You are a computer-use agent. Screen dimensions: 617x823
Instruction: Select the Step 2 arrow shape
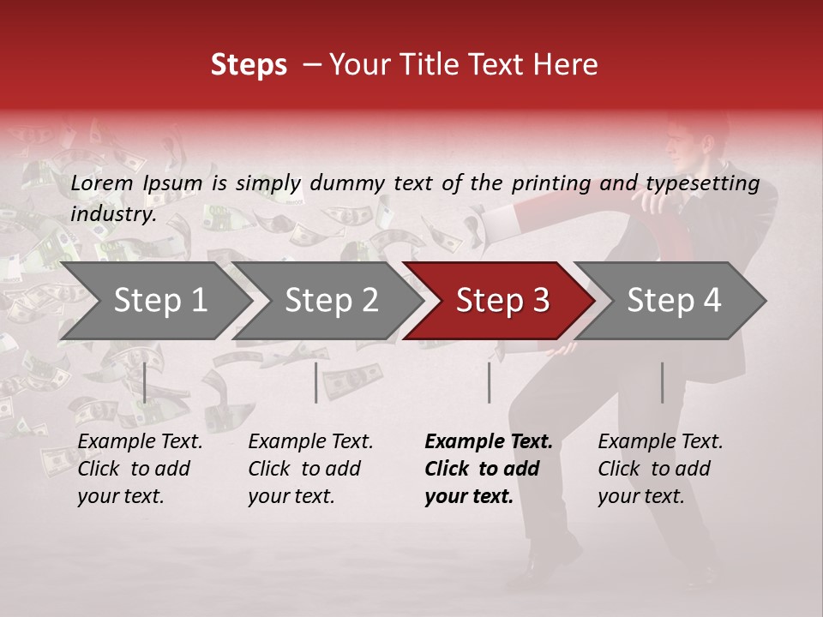click(x=331, y=301)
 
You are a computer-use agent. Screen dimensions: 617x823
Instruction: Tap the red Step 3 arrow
click(x=502, y=301)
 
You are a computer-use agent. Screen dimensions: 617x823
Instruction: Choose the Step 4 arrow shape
click(x=674, y=301)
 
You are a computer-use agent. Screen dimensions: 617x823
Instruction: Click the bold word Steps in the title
click(x=249, y=65)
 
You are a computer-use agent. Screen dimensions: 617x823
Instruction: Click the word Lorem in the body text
click(x=102, y=183)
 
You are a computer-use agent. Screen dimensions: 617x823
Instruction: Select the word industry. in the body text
click(x=113, y=214)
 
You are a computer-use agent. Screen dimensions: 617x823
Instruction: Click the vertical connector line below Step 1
click(x=145, y=382)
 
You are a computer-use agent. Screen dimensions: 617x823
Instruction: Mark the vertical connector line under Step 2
click(x=316, y=382)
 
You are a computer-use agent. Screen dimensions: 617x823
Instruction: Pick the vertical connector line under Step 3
click(x=490, y=382)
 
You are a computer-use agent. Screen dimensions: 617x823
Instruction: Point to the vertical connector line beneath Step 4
click(x=662, y=382)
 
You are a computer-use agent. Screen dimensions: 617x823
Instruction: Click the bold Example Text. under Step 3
click(x=489, y=442)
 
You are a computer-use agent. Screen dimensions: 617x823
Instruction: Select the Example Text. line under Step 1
click(x=140, y=442)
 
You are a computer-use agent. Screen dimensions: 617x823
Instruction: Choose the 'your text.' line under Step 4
click(x=641, y=496)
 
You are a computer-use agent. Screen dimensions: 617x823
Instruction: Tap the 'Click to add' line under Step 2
click(x=304, y=469)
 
